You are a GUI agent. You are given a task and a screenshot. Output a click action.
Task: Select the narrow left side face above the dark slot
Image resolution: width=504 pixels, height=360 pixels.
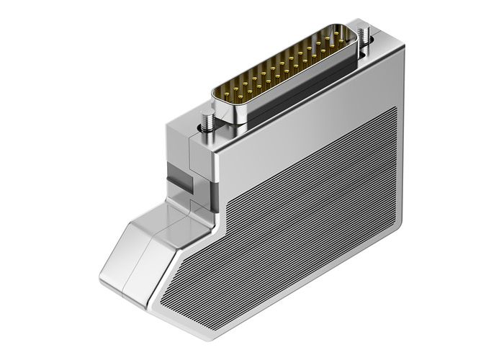pyautogui.click(x=176, y=144)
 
